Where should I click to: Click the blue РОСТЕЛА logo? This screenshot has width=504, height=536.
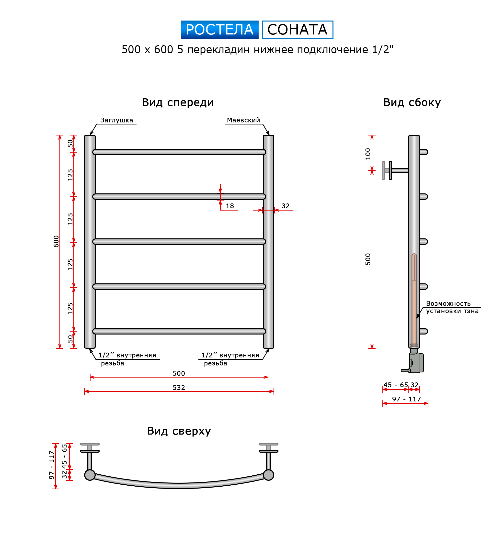point(219,30)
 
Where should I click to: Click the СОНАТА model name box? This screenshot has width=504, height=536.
point(298,30)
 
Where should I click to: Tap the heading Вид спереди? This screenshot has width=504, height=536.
point(178,103)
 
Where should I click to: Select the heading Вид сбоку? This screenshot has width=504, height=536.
point(412,103)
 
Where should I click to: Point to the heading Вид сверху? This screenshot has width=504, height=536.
point(179,431)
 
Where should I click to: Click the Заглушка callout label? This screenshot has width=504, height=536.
point(116,120)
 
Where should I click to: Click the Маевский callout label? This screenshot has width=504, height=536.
point(243,120)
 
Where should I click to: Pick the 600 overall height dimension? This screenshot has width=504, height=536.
point(56,241)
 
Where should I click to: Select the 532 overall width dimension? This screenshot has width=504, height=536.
point(179,388)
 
